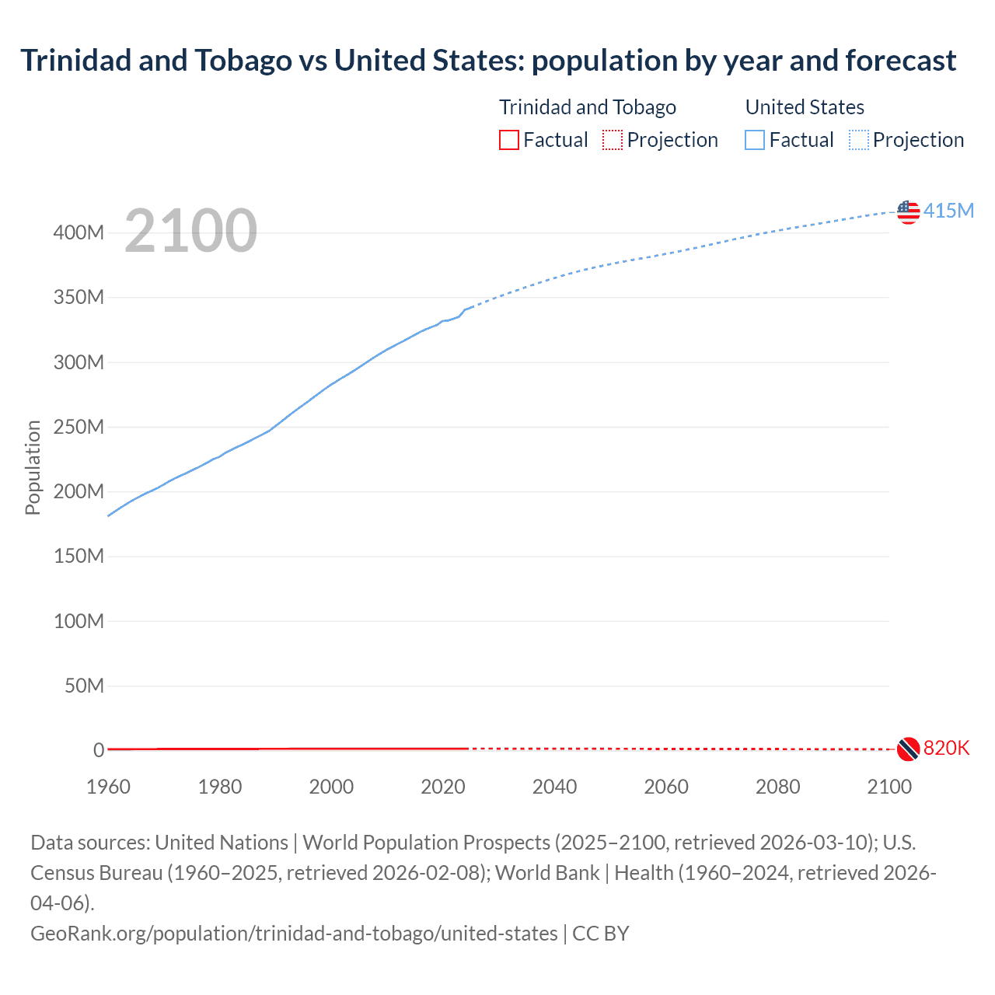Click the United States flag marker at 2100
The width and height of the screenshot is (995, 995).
908,211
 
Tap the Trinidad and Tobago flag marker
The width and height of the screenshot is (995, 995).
908,749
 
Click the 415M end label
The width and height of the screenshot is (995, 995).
948,211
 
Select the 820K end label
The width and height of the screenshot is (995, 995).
946,748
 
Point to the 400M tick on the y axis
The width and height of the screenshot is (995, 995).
79,232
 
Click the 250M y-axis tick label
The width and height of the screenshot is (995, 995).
79,427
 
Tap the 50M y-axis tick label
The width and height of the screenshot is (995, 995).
84,686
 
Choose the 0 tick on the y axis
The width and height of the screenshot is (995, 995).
99,750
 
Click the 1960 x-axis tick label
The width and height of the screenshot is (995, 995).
108,787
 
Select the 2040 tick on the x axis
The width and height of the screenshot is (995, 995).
554,787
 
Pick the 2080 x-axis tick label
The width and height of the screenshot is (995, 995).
777,787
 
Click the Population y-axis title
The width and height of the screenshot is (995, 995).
33,467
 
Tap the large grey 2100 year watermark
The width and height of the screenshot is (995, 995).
190,231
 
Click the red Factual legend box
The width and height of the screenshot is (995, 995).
508,140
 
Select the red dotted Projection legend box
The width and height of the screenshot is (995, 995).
613,140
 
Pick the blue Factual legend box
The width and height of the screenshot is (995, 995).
754,140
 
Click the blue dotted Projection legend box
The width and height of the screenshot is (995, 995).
858,140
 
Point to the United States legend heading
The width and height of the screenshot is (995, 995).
805,107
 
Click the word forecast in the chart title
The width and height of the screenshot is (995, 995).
901,60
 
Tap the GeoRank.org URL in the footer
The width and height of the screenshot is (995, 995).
294,933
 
